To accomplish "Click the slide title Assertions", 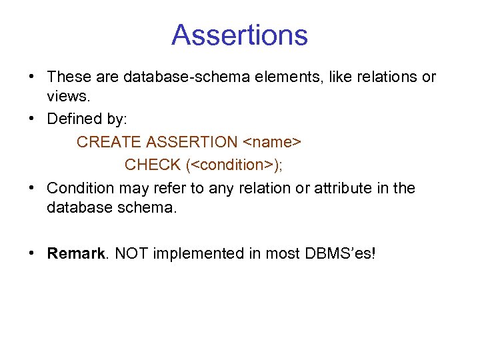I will pyautogui.click(x=239, y=35).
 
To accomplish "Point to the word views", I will pyautogui.click(x=68, y=96).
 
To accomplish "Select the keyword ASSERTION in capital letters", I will pyautogui.click(x=191, y=142).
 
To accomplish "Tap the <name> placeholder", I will pyautogui.click(x=272, y=142).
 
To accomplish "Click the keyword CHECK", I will pyautogui.click(x=153, y=165).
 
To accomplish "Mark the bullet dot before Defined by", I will pyautogui.click(x=33, y=119).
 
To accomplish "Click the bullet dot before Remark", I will pyautogui.click(x=33, y=253).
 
